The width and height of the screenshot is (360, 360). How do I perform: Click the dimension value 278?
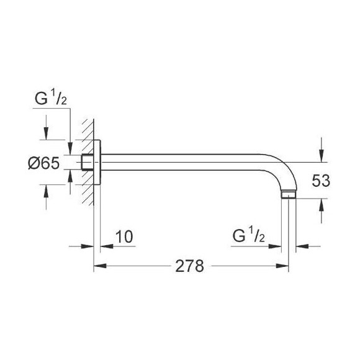pyautogui.click(x=190, y=266)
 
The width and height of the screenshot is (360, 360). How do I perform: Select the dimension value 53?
pyautogui.click(x=321, y=181)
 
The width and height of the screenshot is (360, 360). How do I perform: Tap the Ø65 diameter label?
pyautogui.click(x=43, y=164)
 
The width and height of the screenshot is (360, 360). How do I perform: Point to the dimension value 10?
pyautogui.click(x=124, y=236)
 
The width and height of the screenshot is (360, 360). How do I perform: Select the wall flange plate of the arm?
pyautogui.click(x=97, y=164)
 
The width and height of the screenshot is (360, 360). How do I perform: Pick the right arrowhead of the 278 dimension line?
pyautogui.click(x=284, y=266)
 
